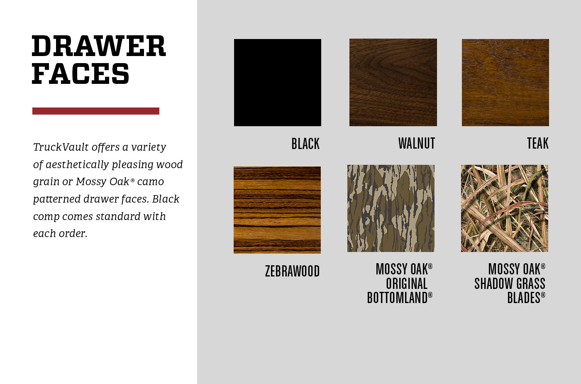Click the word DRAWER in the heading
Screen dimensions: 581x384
click(x=99, y=46)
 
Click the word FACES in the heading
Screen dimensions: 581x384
click(x=81, y=73)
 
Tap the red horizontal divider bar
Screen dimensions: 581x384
click(x=96, y=111)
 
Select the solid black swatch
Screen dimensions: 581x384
click(x=278, y=83)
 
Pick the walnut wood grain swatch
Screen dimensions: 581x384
click(x=393, y=83)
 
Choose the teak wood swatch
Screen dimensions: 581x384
click(x=505, y=83)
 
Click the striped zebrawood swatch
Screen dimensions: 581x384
click(x=277, y=210)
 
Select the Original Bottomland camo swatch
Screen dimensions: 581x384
click(x=391, y=208)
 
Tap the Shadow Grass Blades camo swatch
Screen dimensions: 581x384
click(x=505, y=208)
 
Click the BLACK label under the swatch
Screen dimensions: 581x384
click(x=305, y=144)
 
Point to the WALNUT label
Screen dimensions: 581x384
click(x=417, y=143)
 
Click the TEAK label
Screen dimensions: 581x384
click(x=538, y=143)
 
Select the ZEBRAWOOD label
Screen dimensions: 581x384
click(x=292, y=271)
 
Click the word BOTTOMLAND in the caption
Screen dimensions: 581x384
click(x=397, y=298)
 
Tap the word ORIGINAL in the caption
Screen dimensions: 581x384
click(x=407, y=283)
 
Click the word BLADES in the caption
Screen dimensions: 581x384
click(x=524, y=298)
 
